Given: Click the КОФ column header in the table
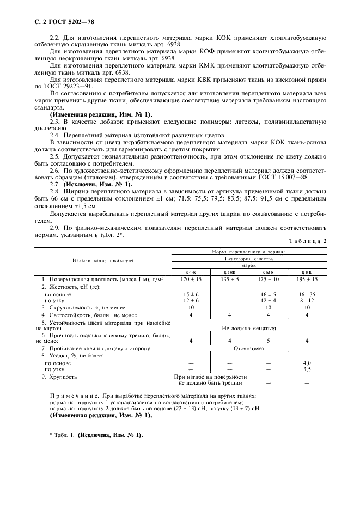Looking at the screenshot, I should pyautogui.click(x=229, y=272).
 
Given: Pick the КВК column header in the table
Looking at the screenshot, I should pyautogui.click(x=307, y=272).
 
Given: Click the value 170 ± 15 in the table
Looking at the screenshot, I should pyautogui.click(x=191, y=279).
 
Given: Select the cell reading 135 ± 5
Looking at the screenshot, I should pyautogui.click(x=229, y=279).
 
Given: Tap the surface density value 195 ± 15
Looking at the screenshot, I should pyautogui.click(x=307, y=279).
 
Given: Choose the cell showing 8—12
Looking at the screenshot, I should pyautogui.click(x=307, y=300).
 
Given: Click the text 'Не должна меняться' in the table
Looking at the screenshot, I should pyautogui.click(x=249, y=329).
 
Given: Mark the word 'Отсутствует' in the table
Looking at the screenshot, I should pyautogui.click(x=249, y=348).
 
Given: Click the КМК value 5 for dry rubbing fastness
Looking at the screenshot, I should pyautogui.click(x=268, y=341).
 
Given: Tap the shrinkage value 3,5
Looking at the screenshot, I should pyautogui.click(x=307, y=369).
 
